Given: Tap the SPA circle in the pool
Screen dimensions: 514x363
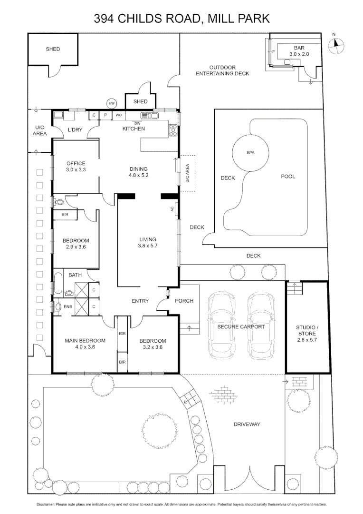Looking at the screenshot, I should coord(250,153).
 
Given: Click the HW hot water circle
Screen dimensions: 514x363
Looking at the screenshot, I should coord(112,103).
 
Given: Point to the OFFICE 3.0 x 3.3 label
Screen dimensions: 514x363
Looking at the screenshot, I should coord(75,167).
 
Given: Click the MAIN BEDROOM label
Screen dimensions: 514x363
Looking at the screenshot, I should coord(85,344).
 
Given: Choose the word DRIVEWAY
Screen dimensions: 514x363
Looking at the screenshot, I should coord(247,424).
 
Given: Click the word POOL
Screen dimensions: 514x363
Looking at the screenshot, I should coord(288,177).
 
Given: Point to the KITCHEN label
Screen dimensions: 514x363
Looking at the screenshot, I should coord(134,129).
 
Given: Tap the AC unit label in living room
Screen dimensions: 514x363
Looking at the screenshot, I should coord(172,209).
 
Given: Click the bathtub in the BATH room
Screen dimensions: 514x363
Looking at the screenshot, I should coord(57,283).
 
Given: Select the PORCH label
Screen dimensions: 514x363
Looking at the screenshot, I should coord(184,301).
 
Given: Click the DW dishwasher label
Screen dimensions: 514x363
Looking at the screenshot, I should coord(137,123).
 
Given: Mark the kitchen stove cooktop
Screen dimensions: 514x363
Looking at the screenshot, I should coord(173,128).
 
